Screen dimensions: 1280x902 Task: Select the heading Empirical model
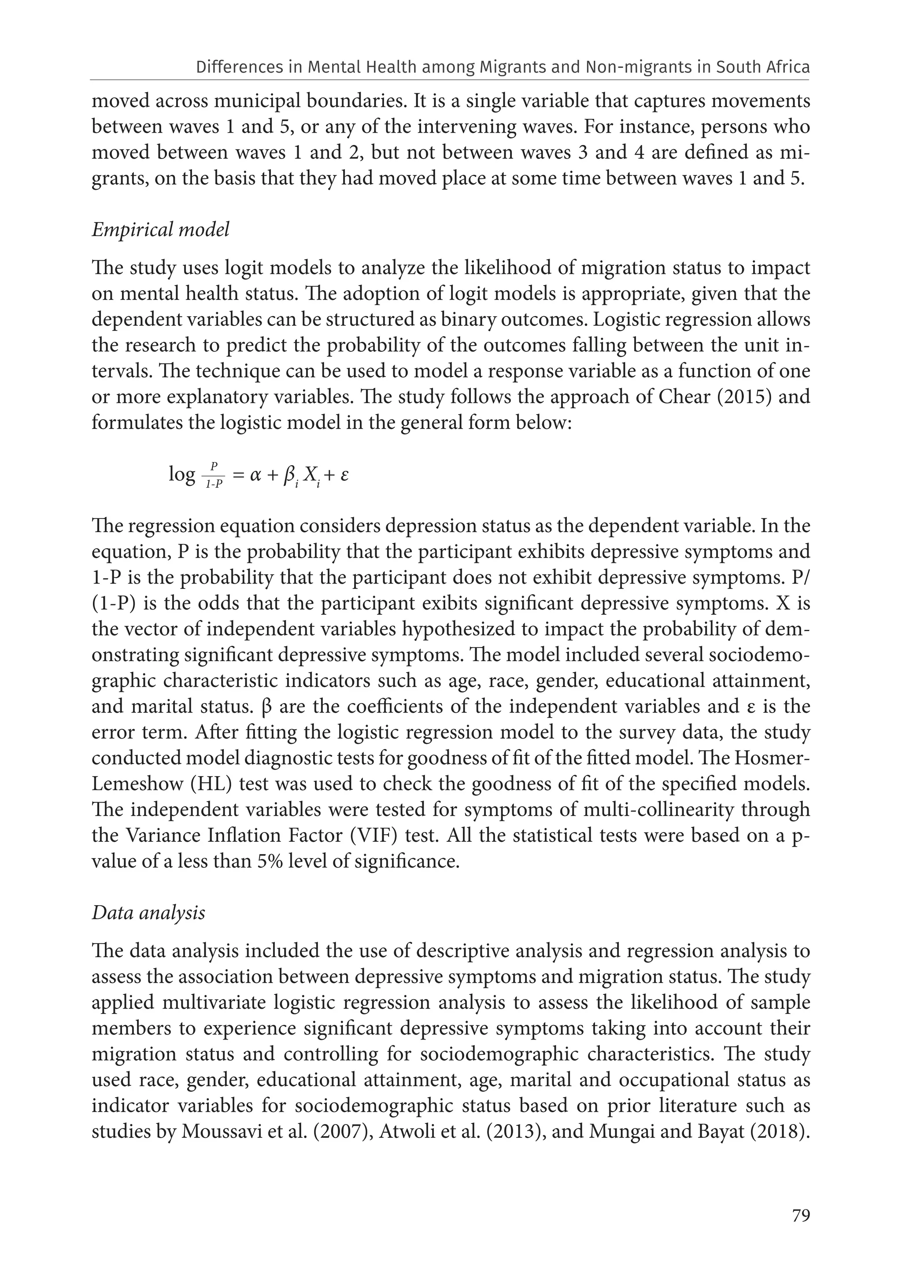coord(161,229)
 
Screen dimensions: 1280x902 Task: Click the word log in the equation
coord(182,474)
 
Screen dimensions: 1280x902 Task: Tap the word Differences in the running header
coord(236,67)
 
